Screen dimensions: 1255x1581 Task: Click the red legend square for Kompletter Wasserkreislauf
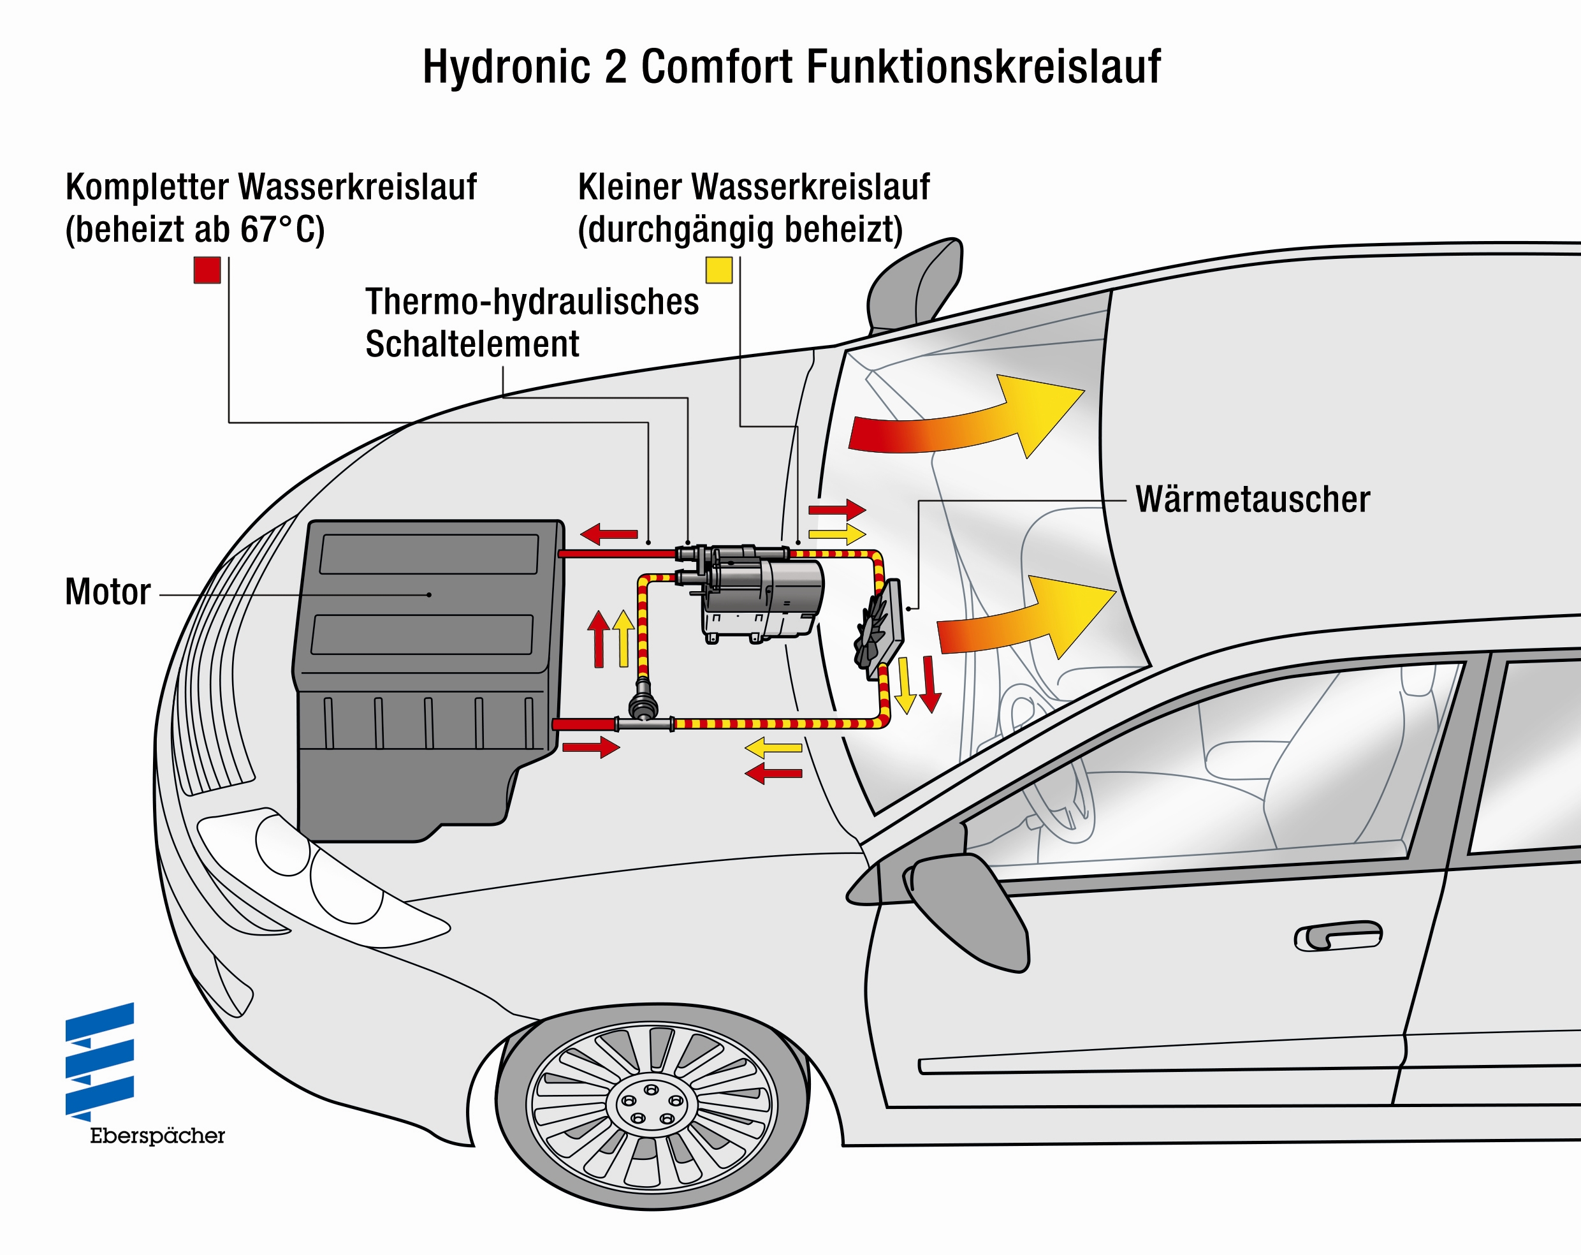tap(207, 270)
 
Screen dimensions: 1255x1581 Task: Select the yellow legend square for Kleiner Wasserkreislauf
tap(718, 270)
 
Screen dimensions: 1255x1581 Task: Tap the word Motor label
tap(108, 592)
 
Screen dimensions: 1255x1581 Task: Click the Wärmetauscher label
tap(1253, 499)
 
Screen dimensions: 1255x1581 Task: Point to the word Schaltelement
tap(472, 344)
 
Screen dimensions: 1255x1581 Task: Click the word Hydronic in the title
tap(506, 67)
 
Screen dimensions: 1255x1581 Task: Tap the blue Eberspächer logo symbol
tap(99, 1061)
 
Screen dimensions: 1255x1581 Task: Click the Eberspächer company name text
tap(157, 1136)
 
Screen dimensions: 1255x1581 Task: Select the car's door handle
tap(1337, 936)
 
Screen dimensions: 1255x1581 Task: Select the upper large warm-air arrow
tap(968, 418)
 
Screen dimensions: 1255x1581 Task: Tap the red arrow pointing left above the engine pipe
tap(609, 534)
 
